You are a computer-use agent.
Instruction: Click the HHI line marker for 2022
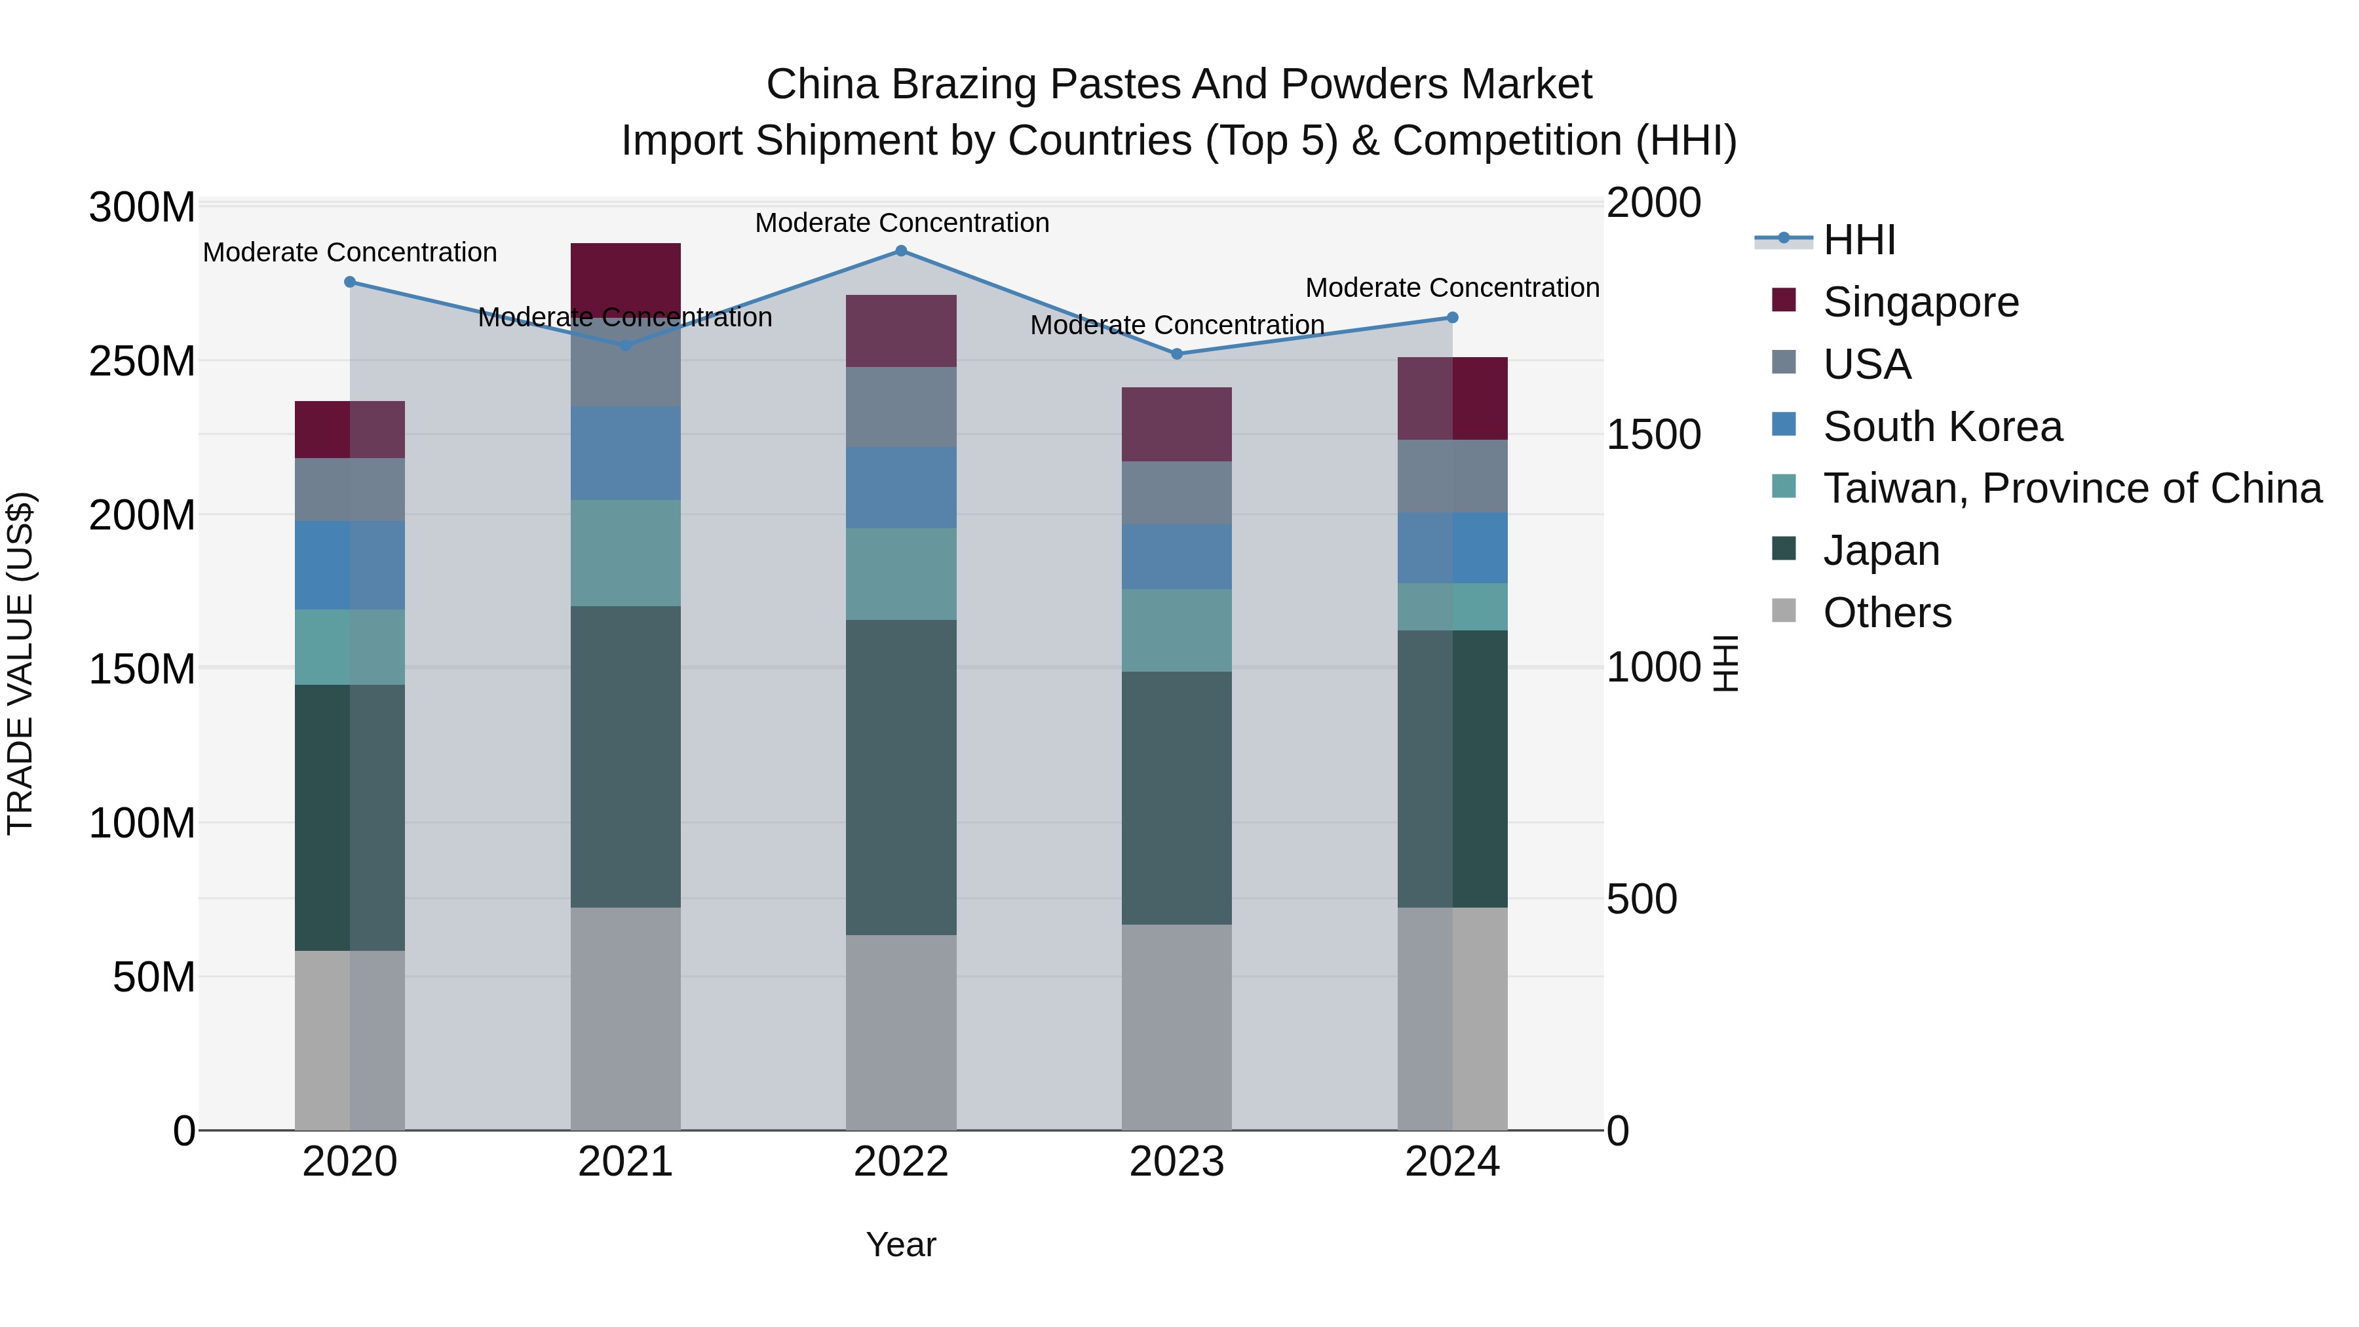pyautogui.click(x=901, y=251)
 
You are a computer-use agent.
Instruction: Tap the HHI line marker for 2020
pyautogui.click(x=350, y=282)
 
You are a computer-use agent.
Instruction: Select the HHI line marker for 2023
pyautogui.click(x=1177, y=353)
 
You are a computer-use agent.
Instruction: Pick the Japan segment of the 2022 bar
pyautogui.click(x=901, y=777)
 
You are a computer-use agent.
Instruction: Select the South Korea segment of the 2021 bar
pyautogui.click(x=626, y=453)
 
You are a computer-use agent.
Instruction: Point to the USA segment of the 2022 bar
pyautogui.click(x=901, y=406)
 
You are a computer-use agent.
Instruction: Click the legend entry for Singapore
pyautogui.click(x=1921, y=302)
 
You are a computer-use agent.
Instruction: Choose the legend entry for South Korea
pyautogui.click(x=1942, y=427)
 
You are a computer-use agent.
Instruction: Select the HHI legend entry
pyautogui.click(x=1859, y=240)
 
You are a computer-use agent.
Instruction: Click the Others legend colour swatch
pyautogui.click(x=1784, y=611)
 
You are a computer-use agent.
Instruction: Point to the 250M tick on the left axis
pyautogui.click(x=142, y=362)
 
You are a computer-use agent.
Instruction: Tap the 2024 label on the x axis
pyautogui.click(x=1451, y=1162)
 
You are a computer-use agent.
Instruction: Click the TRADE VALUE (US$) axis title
pyautogui.click(x=20, y=663)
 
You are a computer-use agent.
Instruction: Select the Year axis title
pyautogui.click(x=901, y=1244)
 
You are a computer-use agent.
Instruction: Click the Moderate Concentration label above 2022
pyautogui.click(x=901, y=223)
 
